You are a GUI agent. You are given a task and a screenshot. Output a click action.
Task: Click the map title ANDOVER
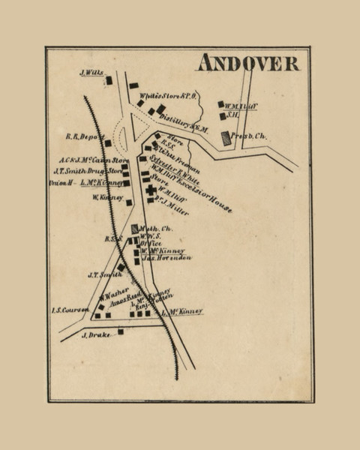point(247,63)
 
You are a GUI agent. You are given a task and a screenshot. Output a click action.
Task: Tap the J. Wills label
point(90,73)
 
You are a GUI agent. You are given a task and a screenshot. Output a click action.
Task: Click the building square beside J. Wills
point(109,80)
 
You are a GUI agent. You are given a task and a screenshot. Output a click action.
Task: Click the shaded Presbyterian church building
point(226,138)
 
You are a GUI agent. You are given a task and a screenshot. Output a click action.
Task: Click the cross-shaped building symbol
point(151,190)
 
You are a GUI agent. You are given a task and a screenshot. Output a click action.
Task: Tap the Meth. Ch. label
point(157,229)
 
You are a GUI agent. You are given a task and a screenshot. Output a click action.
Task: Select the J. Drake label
point(95,334)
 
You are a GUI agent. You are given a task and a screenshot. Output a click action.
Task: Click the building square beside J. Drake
point(120,331)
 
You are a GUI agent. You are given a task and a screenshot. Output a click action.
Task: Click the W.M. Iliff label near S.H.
point(242,106)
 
